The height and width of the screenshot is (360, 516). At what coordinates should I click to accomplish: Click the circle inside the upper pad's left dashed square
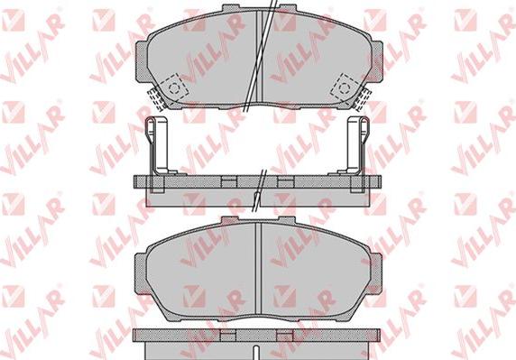[x=173, y=88]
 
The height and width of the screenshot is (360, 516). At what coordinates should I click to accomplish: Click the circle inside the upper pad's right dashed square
[x=345, y=88]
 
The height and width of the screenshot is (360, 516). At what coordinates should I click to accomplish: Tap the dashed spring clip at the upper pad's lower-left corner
[x=155, y=98]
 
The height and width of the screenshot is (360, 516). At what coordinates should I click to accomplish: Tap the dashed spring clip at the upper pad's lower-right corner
[x=362, y=97]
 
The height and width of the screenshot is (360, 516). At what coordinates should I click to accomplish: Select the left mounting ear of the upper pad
[x=142, y=61]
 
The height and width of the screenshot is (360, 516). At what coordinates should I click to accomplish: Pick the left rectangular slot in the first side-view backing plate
[x=229, y=182]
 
